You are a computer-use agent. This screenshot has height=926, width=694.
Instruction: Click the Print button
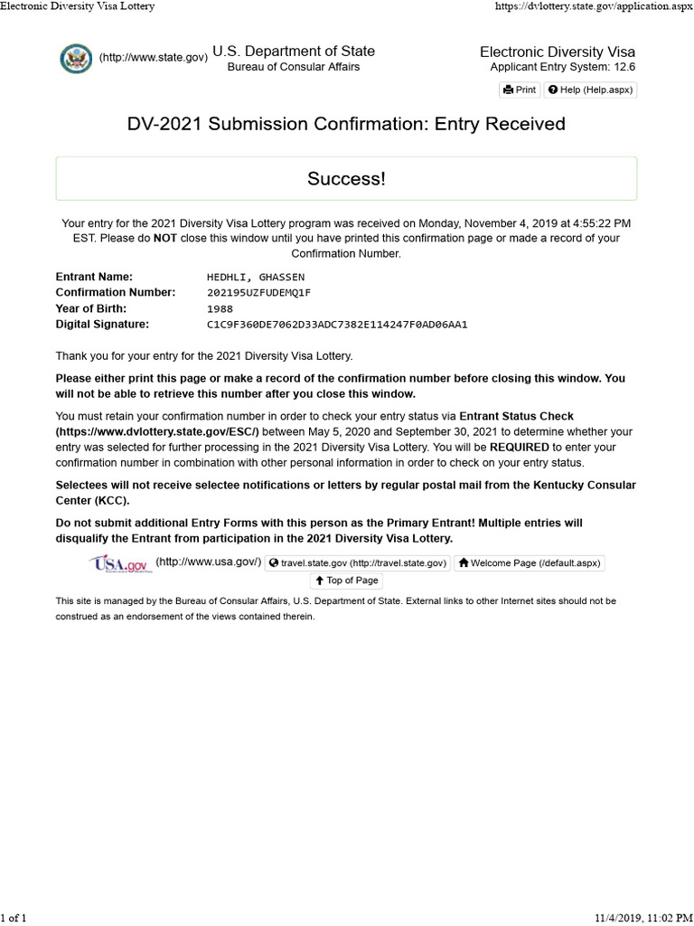520,90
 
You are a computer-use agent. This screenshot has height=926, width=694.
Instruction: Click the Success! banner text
346,179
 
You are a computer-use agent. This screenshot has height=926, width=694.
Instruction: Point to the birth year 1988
220,308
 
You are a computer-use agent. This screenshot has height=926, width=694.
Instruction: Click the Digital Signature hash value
337,324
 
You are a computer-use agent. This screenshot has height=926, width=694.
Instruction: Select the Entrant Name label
94,277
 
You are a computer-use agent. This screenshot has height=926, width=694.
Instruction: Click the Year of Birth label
92,308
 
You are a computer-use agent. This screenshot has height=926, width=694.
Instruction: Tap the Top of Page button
346,581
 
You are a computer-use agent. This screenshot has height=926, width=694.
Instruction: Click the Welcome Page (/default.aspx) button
528,562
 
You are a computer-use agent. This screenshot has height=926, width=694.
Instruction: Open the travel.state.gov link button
358,562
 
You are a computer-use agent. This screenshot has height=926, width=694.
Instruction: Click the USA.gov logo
118,564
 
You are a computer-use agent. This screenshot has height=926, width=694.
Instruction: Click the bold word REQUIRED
519,448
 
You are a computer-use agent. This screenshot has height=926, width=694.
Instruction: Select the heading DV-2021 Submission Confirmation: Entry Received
346,124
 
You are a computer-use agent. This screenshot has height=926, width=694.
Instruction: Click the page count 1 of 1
14,919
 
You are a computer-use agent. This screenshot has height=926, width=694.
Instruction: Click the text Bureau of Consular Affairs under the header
293,67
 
